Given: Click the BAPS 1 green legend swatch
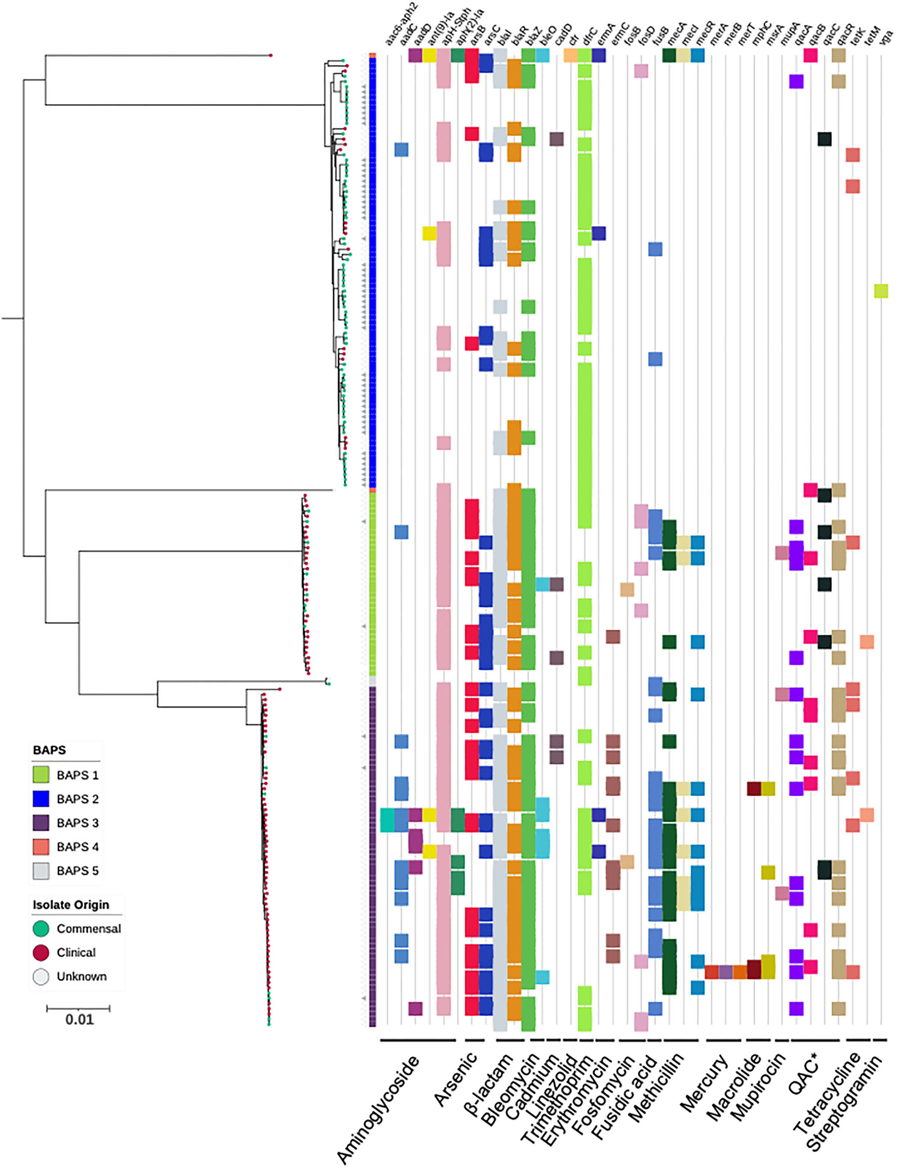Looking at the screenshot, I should tap(41, 775).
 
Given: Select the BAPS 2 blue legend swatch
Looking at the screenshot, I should tap(41, 798).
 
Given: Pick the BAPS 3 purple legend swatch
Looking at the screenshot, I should tap(41, 822).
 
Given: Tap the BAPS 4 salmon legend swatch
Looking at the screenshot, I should tap(41, 847).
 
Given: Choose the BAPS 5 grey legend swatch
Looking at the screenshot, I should tap(41, 870).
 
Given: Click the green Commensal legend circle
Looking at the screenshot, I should tap(41, 929).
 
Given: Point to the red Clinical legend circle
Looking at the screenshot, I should tap(41, 952).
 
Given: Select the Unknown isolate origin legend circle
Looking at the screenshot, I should tap(41, 976).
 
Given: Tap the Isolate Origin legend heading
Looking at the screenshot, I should tap(70, 905).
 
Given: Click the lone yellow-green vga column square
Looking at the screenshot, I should tap(881, 291).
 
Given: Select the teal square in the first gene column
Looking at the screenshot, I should tap(387, 820).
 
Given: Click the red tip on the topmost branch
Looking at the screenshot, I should tap(271, 56).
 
